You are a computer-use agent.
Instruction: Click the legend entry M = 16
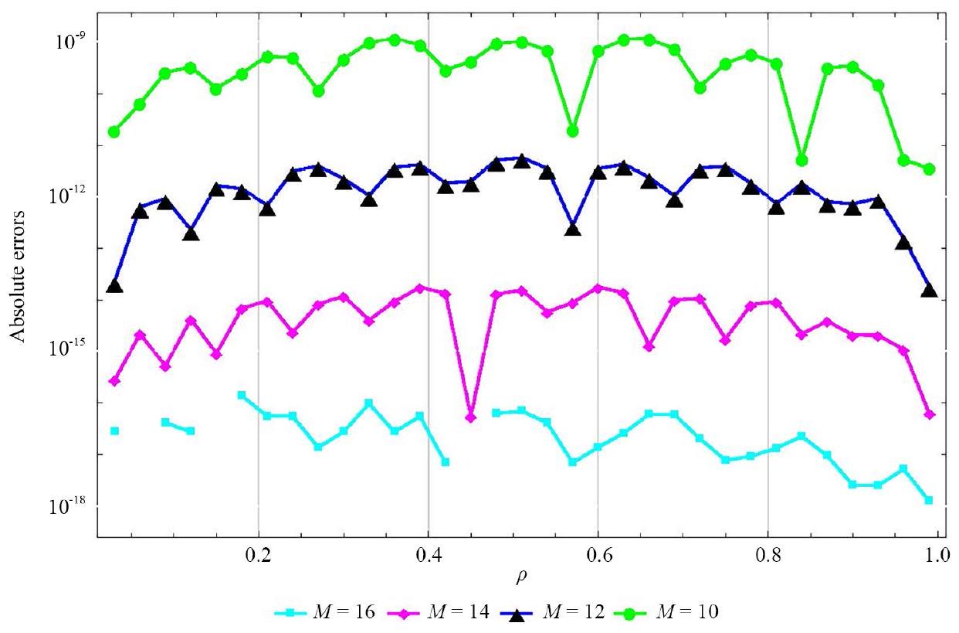325,613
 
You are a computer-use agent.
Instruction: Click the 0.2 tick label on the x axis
258,554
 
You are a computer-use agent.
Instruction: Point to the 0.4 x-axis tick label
429,554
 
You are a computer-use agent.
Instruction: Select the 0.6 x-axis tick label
598,554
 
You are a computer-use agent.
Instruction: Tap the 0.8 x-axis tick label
768,554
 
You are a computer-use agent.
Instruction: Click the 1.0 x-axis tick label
937,554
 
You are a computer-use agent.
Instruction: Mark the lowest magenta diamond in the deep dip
471,417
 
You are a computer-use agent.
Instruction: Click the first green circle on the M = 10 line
114,132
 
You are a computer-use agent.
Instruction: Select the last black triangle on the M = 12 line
930,291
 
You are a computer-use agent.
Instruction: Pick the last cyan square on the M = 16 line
928,501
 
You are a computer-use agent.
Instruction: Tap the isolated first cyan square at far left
114,431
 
